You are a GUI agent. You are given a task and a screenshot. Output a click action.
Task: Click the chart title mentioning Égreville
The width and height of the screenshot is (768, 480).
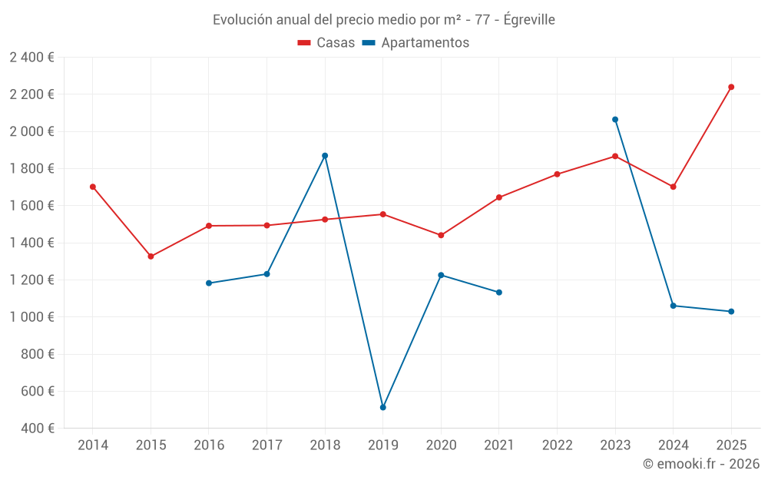(x=383, y=19)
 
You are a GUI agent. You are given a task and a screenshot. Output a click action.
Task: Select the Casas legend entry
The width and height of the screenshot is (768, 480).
(x=326, y=43)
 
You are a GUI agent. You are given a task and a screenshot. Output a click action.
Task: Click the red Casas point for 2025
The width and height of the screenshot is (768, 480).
(x=731, y=87)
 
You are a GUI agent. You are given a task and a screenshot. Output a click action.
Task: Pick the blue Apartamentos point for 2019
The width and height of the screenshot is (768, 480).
(x=382, y=407)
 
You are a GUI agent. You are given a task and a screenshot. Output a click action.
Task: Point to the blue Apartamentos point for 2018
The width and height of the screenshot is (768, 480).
(x=325, y=156)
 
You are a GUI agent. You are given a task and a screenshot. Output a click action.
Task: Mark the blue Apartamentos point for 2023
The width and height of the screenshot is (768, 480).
(x=615, y=120)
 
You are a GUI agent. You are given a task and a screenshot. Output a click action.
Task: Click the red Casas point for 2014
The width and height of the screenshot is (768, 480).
(x=93, y=187)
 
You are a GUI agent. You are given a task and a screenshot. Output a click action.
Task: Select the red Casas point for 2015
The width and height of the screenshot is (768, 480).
(x=151, y=257)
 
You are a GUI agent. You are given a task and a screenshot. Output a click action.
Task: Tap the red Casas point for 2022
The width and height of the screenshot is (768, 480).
(x=557, y=174)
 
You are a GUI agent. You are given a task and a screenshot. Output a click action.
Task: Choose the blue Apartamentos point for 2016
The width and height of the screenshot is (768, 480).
(x=209, y=283)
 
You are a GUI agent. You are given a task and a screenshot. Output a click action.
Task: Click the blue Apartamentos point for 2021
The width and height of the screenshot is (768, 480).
(x=499, y=293)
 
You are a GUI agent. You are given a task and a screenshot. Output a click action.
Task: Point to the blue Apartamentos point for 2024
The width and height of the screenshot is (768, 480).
(x=674, y=306)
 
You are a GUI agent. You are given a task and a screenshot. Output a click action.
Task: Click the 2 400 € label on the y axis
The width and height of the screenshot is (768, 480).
(x=31, y=58)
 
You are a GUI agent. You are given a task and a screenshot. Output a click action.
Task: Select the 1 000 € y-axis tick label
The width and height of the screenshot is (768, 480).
(x=31, y=317)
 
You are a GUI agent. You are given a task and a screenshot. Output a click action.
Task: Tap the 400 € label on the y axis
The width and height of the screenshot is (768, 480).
(x=36, y=429)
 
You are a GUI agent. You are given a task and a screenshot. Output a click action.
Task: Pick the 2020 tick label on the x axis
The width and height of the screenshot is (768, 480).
(x=441, y=445)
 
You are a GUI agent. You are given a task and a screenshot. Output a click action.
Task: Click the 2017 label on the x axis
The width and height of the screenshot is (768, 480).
(x=266, y=445)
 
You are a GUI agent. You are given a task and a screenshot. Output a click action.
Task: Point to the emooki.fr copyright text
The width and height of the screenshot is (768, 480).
(x=700, y=464)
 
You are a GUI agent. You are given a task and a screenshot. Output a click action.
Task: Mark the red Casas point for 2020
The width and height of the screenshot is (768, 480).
(x=441, y=235)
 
